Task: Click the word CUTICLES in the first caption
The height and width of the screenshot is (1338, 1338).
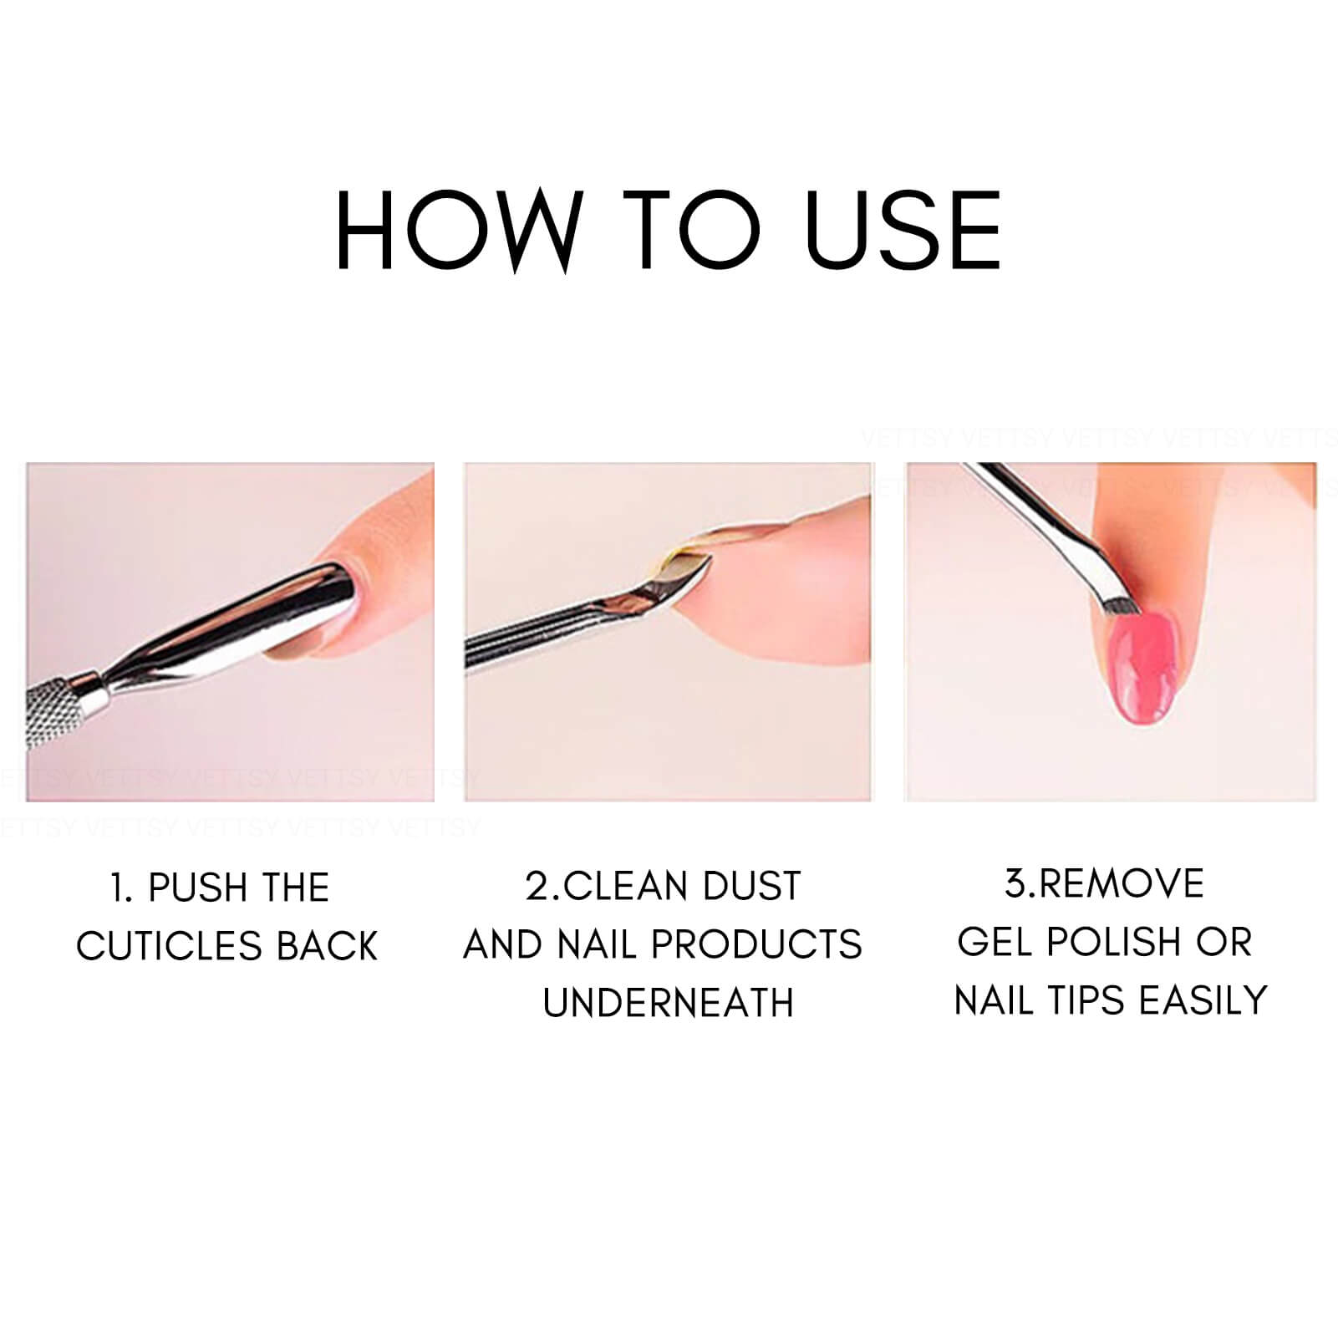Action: (170, 946)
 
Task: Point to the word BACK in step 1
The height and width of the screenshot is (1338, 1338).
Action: (328, 946)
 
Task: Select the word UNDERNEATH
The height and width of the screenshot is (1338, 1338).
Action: (668, 1002)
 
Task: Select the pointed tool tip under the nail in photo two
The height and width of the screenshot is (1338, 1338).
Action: (700, 568)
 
